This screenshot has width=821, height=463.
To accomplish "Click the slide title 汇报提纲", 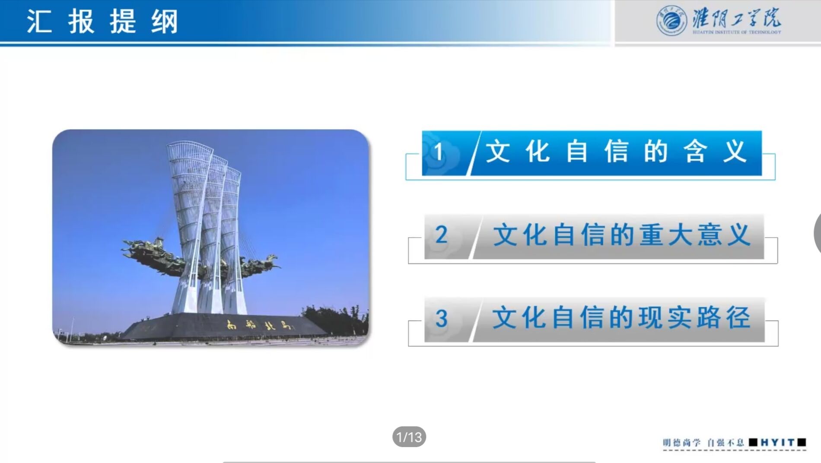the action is [x=102, y=21].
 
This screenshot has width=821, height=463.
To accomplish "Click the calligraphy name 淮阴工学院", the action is [x=737, y=18].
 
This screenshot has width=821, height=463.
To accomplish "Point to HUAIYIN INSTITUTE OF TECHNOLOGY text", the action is [x=737, y=32].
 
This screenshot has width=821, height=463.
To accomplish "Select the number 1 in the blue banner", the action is [x=439, y=152].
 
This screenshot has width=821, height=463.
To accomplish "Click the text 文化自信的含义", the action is [x=616, y=152].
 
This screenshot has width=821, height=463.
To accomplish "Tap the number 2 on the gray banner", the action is [x=441, y=235].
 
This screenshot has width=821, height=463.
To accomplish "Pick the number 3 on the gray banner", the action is [x=441, y=319].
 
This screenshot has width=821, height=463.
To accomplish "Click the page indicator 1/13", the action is [x=409, y=437].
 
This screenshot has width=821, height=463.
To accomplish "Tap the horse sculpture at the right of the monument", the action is [x=259, y=264].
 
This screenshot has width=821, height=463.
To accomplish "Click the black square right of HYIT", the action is [x=802, y=442].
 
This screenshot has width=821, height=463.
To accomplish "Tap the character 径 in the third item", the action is [x=738, y=318].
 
